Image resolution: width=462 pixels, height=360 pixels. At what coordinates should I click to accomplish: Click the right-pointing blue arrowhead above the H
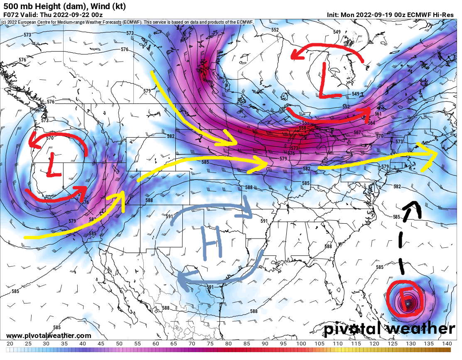[x=248, y=215]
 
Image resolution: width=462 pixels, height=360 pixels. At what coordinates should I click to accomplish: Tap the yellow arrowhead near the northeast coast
[x=432, y=154]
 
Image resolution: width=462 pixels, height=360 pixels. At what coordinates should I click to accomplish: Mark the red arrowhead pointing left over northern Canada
[x=296, y=54]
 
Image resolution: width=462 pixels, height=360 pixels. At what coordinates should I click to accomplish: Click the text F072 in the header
[x=11, y=15]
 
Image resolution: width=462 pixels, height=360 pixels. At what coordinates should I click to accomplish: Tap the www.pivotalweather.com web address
[x=49, y=335]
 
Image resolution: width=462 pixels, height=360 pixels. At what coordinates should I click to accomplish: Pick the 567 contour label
[x=357, y=132]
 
